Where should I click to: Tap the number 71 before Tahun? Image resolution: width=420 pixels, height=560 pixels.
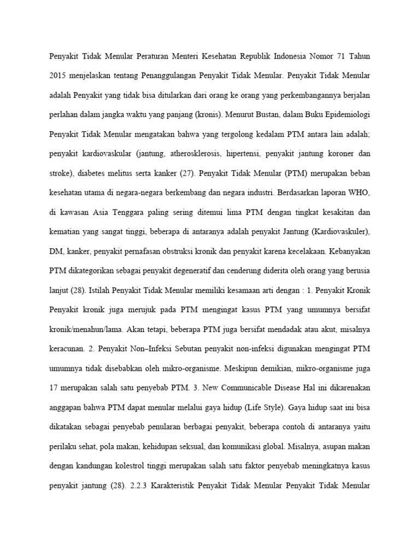(x=343, y=57)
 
